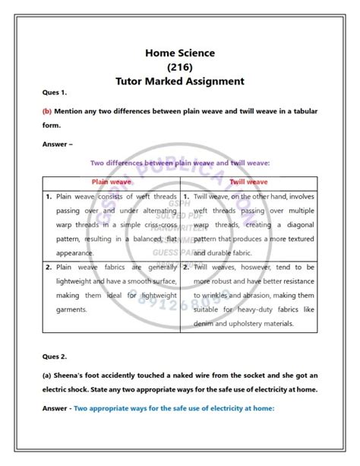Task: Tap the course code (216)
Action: point(180,66)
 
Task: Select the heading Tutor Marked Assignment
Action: point(180,81)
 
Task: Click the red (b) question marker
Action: point(47,111)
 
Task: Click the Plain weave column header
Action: point(111,182)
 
